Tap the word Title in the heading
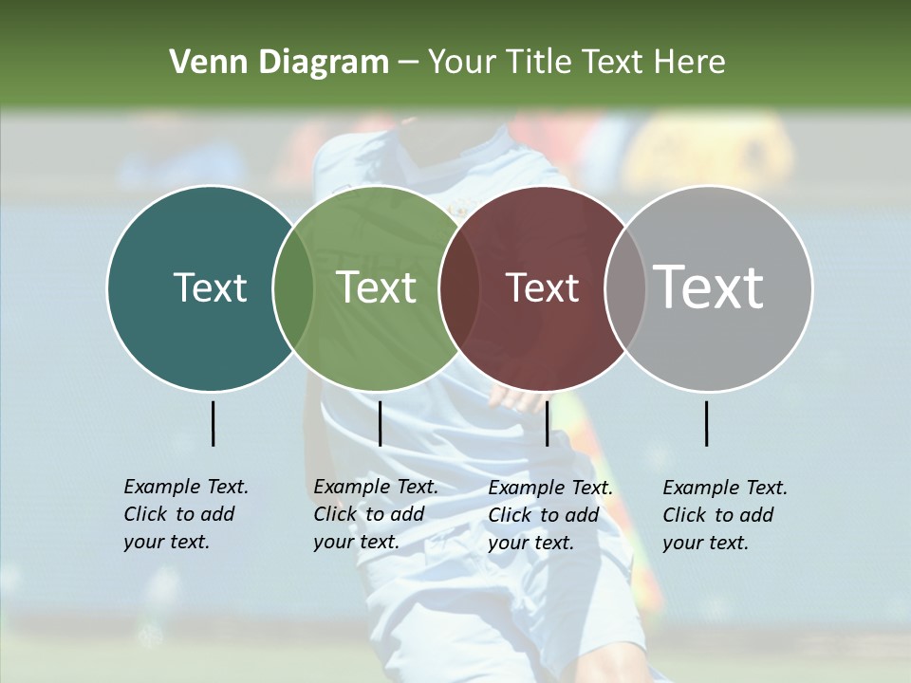539,63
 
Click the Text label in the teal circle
210,287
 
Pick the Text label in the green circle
377,287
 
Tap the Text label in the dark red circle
542,287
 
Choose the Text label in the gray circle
709,287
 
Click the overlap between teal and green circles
293,287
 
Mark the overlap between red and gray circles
624,287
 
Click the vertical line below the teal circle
213,423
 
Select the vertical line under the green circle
380,423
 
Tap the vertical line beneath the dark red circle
547,423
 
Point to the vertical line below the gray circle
706,423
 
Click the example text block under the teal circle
185,514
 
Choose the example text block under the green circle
375,514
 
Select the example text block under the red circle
549,515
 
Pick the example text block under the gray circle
724,515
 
